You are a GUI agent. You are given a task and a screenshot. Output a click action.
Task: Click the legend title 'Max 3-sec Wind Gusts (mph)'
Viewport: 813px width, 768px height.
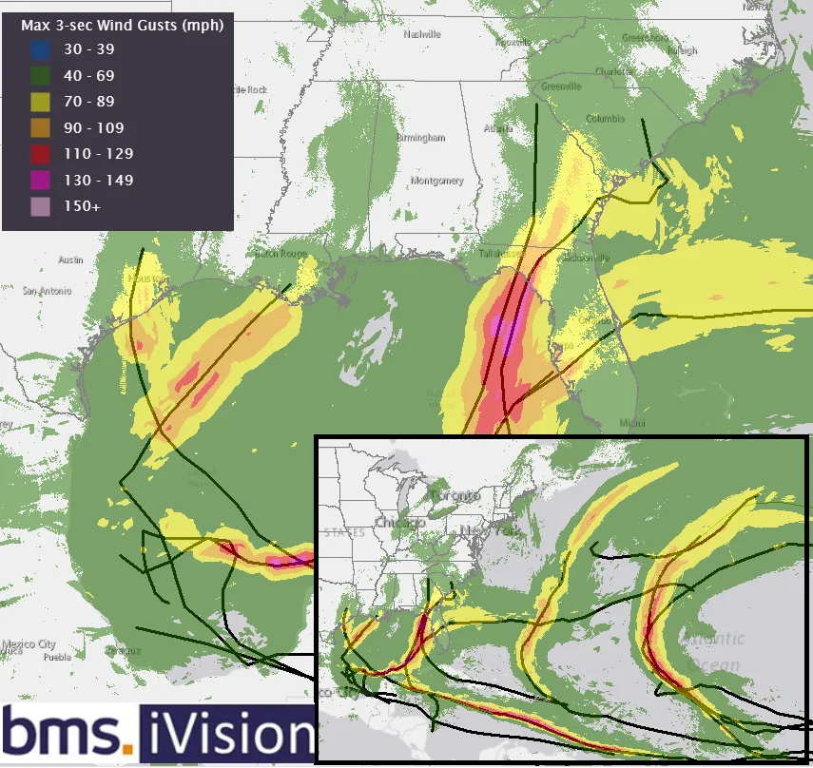(x=123, y=26)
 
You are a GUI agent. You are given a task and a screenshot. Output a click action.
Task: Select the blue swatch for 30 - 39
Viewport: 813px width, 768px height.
(x=41, y=50)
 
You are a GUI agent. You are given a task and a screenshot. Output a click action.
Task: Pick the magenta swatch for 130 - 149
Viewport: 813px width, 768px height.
(x=41, y=181)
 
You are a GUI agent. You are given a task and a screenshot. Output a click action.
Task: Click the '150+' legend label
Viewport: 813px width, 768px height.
(x=79, y=206)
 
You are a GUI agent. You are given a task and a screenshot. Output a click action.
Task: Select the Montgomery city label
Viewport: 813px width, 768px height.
(x=436, y=181)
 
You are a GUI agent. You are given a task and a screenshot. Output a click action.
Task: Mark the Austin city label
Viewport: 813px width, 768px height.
(x=71, y=259)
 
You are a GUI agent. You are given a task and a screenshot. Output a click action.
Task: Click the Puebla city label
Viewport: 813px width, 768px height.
(x=57, y=656)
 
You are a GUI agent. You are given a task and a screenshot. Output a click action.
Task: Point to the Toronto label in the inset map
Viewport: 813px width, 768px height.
(x=455, y=496)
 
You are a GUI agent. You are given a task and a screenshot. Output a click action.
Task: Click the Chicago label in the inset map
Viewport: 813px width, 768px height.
(x=399, y=523)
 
